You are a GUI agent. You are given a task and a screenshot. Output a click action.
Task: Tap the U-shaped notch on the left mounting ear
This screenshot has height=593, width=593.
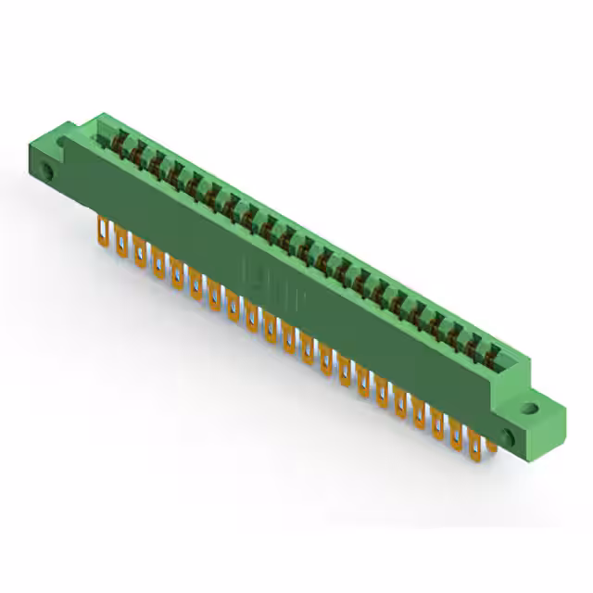pos(64,141)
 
